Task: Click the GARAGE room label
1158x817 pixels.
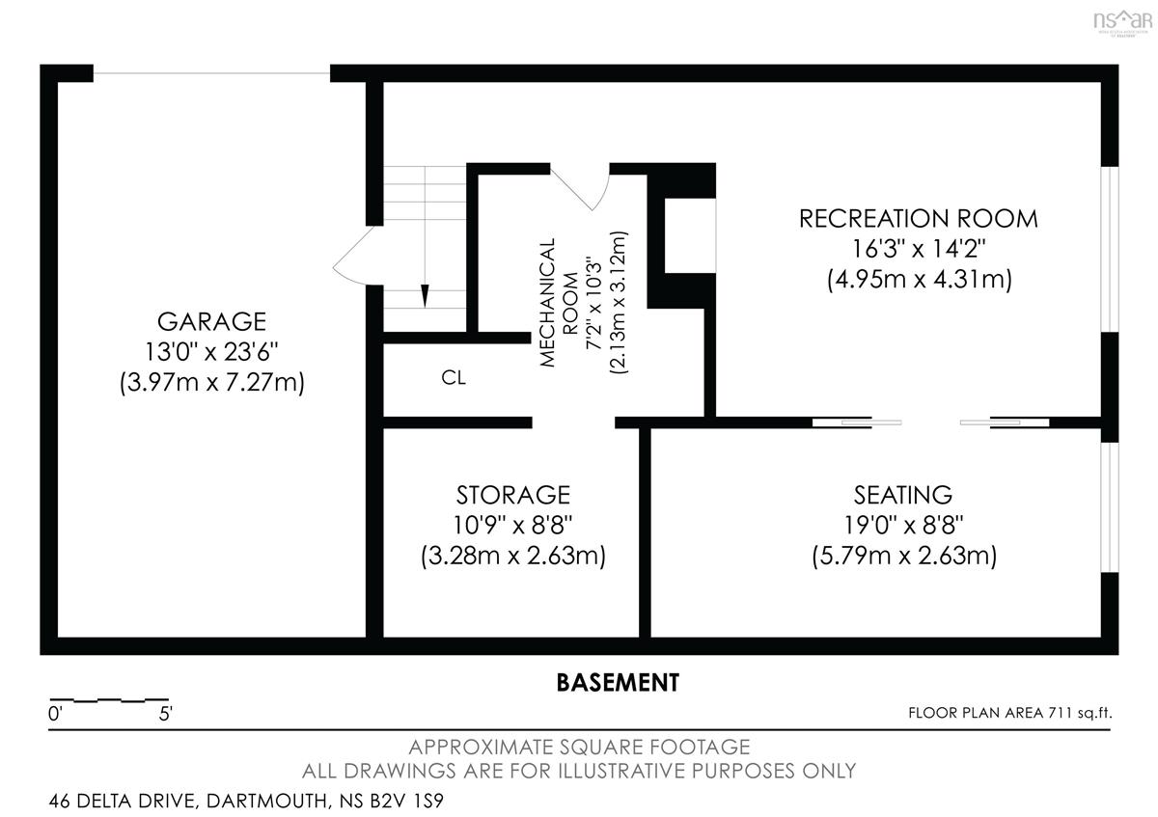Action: click(x=211, y=321)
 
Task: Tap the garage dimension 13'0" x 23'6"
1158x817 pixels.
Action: click(x=211, y=352)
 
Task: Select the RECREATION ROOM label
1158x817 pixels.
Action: click(x=918, y=219)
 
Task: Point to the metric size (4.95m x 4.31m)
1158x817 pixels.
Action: click(x=919, y=279)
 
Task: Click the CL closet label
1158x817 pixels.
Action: click(x=454, y=378)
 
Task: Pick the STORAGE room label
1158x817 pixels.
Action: click(x=512, y=495)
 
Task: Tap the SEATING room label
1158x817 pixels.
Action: click(x=903, y=495)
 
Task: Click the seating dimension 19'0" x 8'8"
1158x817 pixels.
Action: click(x=903, y=525)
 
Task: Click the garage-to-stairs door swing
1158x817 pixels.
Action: click(x=357, y=257)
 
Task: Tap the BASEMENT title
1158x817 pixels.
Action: click(x=618, y=683)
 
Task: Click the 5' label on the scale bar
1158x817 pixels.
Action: click(x=165, y=714)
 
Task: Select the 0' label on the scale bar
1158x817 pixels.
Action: click(x=55, y=714)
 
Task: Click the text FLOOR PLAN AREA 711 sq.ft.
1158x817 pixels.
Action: click(x=1010, y=713)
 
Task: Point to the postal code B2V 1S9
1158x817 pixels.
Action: click(x=406, y=801)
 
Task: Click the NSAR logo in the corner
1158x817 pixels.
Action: click(x=1123, y=22)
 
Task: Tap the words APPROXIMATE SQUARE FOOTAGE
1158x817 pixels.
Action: click(x=579, y=748)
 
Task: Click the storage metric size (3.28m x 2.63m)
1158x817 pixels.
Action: click(x=512, y=556)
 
